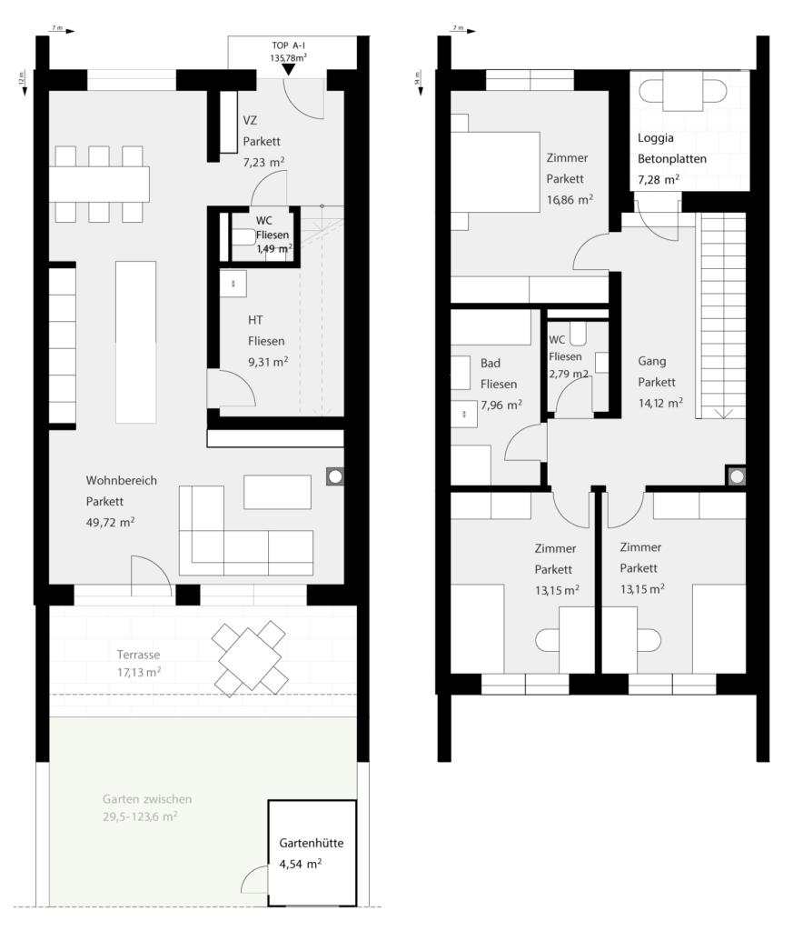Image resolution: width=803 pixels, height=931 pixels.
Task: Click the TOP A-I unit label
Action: point(288,45)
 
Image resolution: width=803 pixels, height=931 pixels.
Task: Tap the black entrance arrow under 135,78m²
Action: point(288,69)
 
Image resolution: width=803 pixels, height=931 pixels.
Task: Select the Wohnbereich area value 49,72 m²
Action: point(110,523)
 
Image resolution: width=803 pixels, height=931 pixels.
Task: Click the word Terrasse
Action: point(138,655)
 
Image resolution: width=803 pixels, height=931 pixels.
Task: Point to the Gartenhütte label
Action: point(312,843)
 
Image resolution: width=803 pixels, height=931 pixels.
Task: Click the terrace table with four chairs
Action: point(251,658)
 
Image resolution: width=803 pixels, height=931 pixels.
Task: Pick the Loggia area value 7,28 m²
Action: point(659,180)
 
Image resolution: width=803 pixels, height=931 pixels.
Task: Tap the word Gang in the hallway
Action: point(652,362)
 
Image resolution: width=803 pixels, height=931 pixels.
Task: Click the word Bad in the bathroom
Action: point(491,363)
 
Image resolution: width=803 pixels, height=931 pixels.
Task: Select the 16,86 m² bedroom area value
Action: point(570,199)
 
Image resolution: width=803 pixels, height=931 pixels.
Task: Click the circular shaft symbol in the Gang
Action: point(737,476)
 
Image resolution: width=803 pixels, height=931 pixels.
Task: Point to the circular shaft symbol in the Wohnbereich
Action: point(335,476)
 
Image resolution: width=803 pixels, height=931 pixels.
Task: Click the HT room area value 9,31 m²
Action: point(268,362)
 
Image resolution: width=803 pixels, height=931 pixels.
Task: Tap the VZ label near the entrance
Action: point(250,121)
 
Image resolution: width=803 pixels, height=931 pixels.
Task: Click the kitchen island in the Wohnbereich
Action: point(136,342)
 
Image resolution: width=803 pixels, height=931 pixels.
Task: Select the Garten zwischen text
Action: point(147,799)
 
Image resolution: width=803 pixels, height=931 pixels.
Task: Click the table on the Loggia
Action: point(682,91)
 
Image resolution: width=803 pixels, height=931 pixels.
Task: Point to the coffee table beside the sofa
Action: point(278,492)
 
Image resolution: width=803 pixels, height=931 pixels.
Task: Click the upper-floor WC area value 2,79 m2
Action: point(568,374)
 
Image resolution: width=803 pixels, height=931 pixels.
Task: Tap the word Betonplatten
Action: point(672,159)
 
